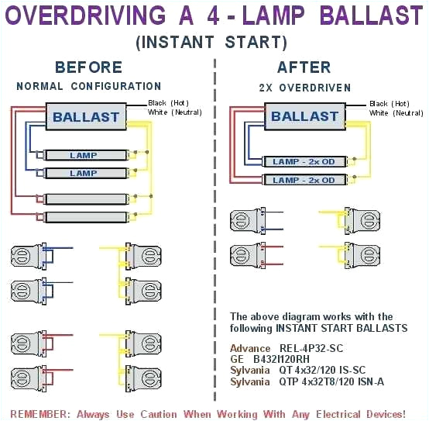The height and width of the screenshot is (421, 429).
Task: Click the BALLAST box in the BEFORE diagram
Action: tap(85, 118)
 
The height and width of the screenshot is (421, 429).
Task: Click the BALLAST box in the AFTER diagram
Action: tap(304, 116)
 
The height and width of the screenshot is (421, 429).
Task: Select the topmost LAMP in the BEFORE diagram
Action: tap(84, 155)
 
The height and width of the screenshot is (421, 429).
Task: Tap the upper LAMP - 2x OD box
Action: tap(303, 161)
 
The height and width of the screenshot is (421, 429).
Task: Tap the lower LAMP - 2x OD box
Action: tap(303, 180)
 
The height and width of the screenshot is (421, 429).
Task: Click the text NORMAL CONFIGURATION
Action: tap(88, 86)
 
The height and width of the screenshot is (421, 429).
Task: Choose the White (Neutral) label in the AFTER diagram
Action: tap(390, 113)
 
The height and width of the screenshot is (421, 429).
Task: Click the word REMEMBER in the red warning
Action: tap(38, 412)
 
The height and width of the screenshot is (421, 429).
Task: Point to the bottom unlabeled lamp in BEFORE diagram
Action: tap(84, 217)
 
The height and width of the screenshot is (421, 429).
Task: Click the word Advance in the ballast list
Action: tap(249, 349)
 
